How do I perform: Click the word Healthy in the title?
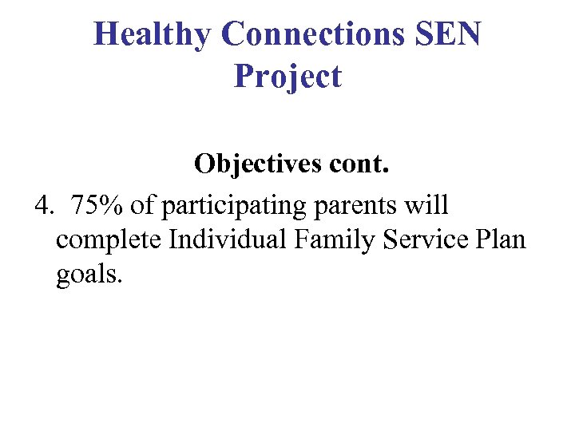click(x=153, y=34)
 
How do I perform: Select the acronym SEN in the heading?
click(x=451, y=34)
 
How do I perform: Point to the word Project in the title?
click(x=287, y=77)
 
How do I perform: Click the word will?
click(x=427, y=205)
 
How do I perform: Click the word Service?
click(x=426, y=239)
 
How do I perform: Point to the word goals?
click(x=89, y=276)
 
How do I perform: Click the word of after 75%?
click(x=145, y=206)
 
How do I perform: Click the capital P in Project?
click(x=244, y=77)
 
